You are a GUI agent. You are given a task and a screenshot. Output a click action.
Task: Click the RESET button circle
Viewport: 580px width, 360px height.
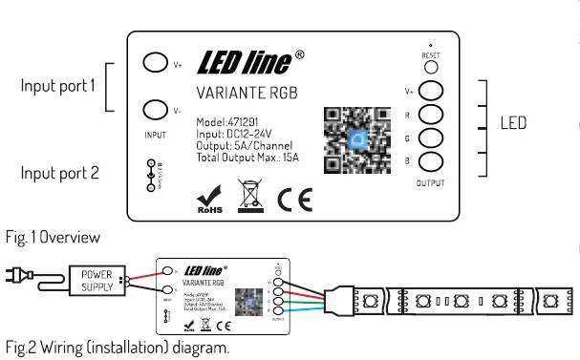[x=432, y=68]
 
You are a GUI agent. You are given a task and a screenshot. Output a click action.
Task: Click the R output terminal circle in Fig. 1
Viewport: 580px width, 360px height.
[x=431, y=115]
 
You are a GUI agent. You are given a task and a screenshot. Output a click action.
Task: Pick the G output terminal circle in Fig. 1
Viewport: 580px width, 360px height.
[x=431, y=138]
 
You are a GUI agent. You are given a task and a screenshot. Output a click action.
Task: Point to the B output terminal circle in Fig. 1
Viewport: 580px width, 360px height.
[x=431, y=161]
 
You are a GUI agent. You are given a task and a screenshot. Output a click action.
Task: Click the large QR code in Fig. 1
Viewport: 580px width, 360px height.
[x=357, y=140]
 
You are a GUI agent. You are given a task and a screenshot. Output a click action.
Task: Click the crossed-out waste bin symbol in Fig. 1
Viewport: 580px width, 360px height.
[x=250, y=194]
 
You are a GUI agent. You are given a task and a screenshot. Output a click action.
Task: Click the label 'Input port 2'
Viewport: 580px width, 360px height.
[x=59, y=173]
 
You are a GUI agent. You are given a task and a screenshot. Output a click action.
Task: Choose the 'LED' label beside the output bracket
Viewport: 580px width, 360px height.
[x=513, y=123]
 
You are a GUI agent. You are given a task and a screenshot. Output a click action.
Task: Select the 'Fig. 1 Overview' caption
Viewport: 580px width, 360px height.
[x=53, y=236]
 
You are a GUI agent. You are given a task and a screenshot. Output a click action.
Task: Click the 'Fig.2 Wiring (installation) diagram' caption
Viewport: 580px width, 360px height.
[x=117, y=348]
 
